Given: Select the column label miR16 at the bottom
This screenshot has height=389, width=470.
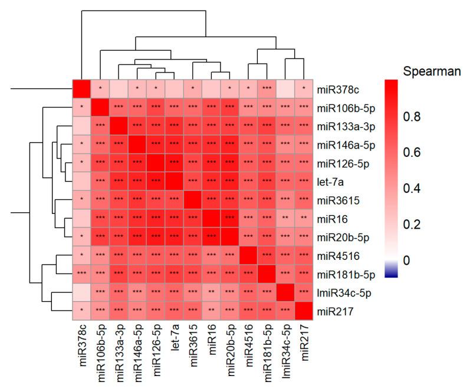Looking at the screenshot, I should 211,344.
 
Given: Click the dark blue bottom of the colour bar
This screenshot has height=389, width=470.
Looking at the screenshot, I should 395,272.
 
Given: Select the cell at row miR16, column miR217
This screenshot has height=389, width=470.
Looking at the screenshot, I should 304,217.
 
